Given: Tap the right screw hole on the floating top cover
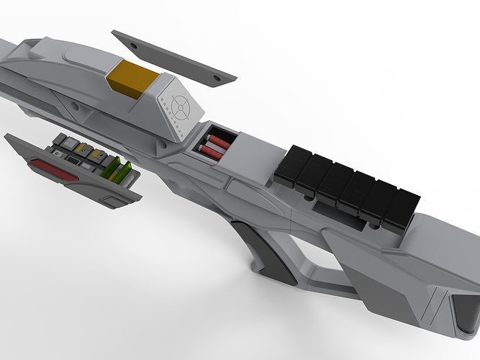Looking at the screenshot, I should pos(217,74).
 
